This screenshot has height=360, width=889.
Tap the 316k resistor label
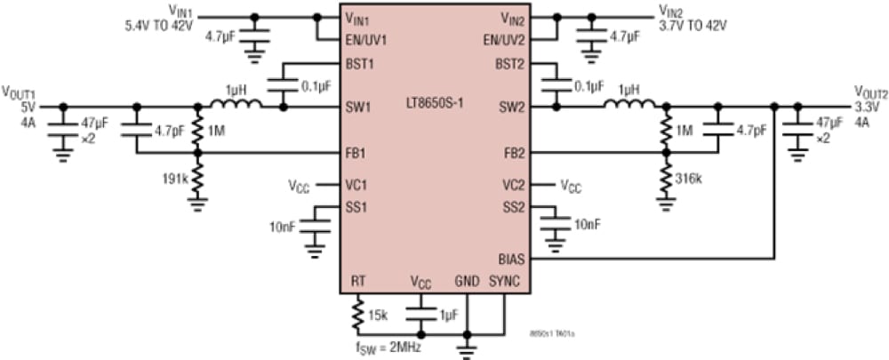[x=687, y=179]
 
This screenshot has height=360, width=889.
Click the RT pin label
[x=357, y=280]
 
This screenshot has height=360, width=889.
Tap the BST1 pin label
[x=359, y=63]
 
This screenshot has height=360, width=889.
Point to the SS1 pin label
[x=357, y=207]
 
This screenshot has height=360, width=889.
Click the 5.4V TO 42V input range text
[x=160, y=25]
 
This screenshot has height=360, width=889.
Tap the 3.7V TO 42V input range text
[x=693, y=25]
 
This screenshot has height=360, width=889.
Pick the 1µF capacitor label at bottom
[x=447, y=314]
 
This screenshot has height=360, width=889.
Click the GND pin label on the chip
[x=467, y=280]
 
